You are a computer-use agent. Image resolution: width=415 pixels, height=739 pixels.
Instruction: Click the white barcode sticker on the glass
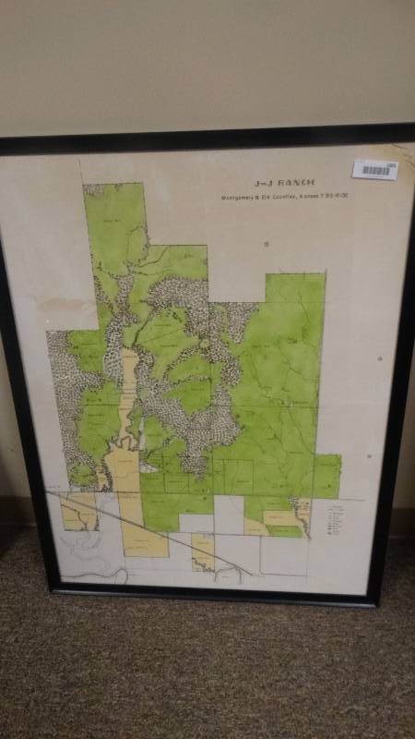tap(374, 169)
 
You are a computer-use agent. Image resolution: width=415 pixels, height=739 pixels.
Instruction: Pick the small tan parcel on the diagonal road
tap(204, 551)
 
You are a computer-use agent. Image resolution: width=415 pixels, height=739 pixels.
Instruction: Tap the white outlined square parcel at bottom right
tap(282, 554)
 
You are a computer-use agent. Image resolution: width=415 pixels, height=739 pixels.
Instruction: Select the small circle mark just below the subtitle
tap(266, 244)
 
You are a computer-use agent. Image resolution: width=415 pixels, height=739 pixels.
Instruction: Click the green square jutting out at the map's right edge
tap(326, 475)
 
